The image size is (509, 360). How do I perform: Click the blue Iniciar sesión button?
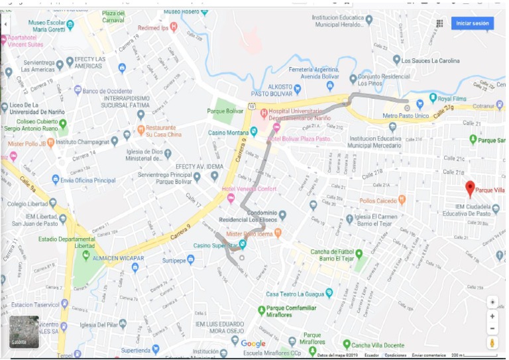pos(472,23)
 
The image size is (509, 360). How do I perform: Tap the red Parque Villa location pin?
pos(470,188)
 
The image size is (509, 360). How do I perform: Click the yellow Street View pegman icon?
pos(492,343)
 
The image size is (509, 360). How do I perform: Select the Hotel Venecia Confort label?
pos(249,189)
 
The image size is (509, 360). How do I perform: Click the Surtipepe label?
pos(170,260)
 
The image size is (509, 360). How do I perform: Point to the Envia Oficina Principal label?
pos(87,180)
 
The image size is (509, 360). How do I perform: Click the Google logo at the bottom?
pos(253,343)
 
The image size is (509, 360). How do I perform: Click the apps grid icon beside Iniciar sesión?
pos(439,23)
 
